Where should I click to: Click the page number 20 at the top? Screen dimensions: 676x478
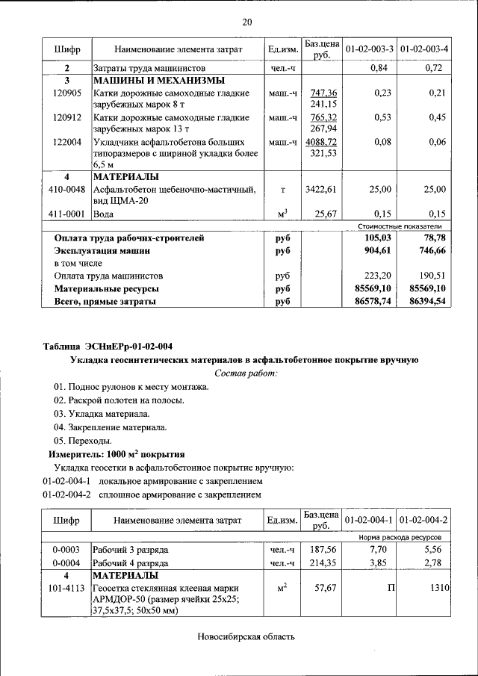[x=246, y=22]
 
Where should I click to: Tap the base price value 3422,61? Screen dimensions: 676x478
[x=322, y=190]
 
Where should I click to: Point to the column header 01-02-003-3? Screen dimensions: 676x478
[x=369, y=49]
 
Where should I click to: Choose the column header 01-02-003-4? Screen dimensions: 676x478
[x=423, y=49]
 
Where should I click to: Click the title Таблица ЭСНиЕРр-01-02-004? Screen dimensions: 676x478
[x=108, y=346]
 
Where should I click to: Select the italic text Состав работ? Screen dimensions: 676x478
[x=246, y=372]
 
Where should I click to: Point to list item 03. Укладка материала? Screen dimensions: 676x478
[x=102, y=413]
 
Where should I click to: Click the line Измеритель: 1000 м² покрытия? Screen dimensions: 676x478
[x=117, y=453]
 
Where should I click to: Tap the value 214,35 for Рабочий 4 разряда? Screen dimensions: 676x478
[x=322, y=562]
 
